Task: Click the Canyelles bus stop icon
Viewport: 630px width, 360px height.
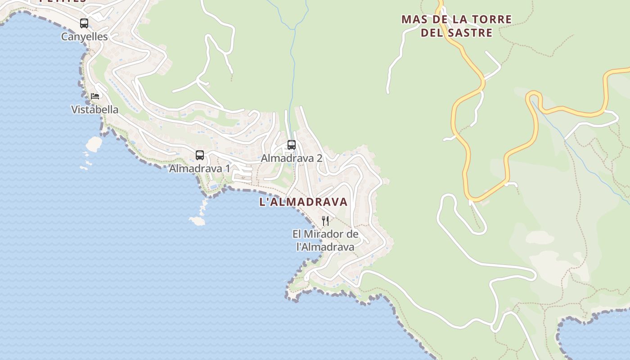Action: [84, 23]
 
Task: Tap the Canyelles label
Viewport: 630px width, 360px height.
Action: [85, 37]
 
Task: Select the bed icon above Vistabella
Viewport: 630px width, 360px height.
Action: [94, 96]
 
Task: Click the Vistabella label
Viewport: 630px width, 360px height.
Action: [95, 109]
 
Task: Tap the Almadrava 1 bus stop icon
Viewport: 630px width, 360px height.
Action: [200, 155]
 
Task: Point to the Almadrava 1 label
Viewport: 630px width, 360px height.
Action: [199, 169]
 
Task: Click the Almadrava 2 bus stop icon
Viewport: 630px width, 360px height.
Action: [292, 145]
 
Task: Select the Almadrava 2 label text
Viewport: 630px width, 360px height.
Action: [292, 158]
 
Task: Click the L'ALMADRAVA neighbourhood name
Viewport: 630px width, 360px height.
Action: [303, 202]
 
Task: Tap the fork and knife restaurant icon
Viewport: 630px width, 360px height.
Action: [325, 220]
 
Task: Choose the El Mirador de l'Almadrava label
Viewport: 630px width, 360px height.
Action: [325, 240]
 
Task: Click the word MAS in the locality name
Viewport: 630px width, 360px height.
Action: [412, 20]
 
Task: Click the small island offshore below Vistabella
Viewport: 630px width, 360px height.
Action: [94, 144]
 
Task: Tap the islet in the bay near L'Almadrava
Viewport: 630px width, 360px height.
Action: [197, 220]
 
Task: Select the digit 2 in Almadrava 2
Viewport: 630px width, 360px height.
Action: [319, 158]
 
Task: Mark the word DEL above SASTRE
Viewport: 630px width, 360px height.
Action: [430, 33]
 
